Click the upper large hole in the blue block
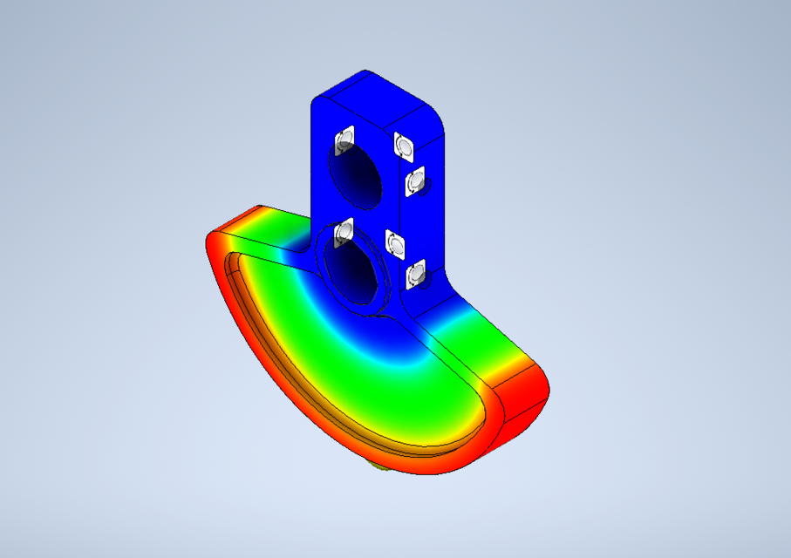point(356,175)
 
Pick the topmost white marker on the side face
point(403,145)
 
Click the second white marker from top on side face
point(414,182)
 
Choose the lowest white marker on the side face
point(415,276)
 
